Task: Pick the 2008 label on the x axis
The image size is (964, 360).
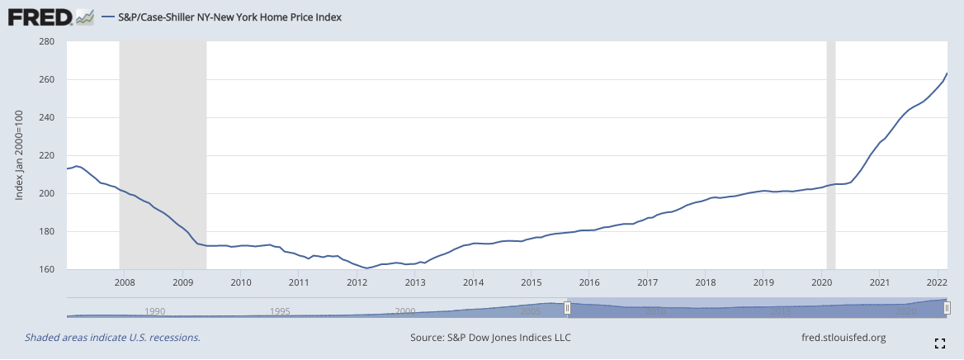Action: pos(124,282)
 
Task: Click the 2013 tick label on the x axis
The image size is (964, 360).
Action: pos(414,282)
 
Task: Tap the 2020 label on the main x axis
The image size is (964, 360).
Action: pos(821,282)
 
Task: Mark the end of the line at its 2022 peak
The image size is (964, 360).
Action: pos(947,73)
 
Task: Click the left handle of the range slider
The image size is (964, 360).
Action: pos(567,307)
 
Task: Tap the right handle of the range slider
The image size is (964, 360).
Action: pos(947,307)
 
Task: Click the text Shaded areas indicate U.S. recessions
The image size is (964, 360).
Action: pos(112,338)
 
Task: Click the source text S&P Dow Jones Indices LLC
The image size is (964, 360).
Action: pos(490,338)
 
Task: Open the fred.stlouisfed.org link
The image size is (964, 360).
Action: pos(843,338)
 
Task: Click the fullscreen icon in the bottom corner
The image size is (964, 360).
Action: pos(939,343)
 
